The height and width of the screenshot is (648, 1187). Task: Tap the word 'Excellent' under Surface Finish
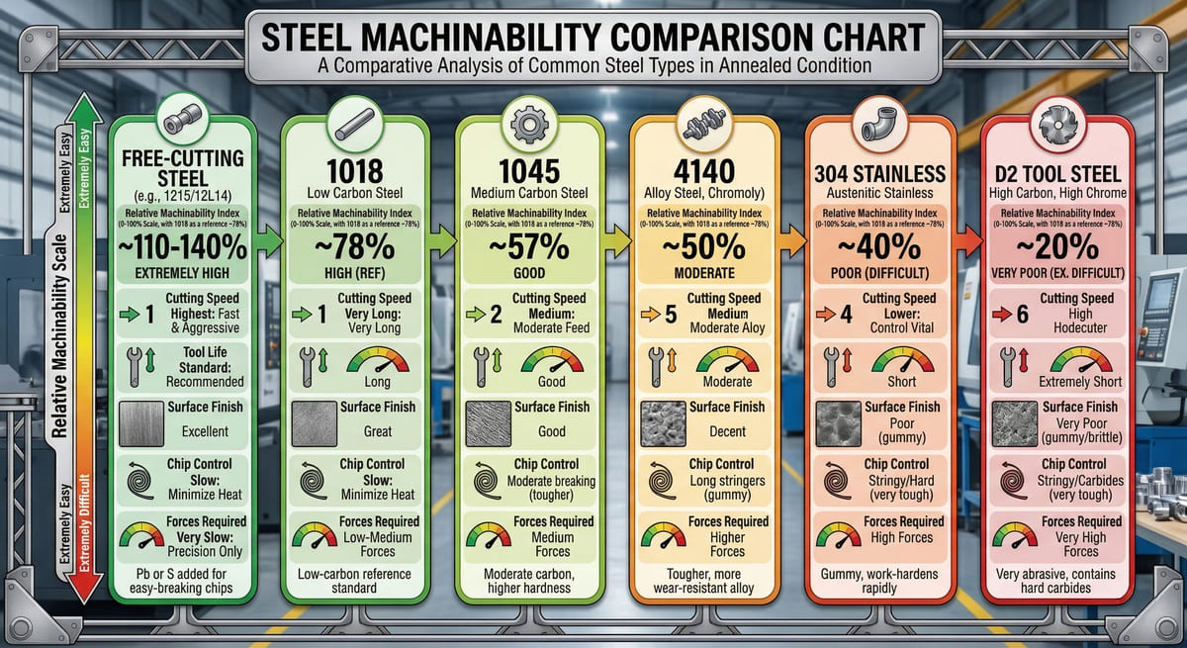[205, 431]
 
